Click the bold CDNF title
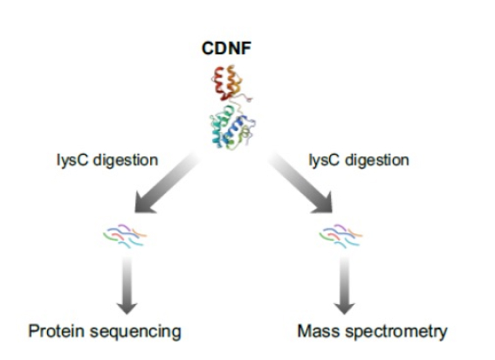pos(226,49)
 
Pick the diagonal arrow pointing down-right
pos(300,183)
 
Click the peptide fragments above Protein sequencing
pos(125,236)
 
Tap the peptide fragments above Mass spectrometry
pos(341,236)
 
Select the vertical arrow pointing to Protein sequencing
pos(127,285)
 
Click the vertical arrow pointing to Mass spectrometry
pos(345,285)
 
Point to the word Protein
pos(57,331)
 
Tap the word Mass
pos(319,331)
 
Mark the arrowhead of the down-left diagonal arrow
pos(144,204)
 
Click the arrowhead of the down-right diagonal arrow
pos(324,204)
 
